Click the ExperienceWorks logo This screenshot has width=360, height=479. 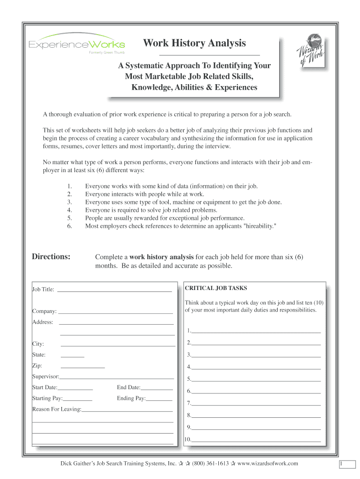click(x=77, y=45)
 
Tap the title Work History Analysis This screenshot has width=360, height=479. click(x=194, y=44)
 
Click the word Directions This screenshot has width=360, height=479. click(x=51, y=256)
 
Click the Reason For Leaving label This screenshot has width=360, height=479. click(x=57, y=409)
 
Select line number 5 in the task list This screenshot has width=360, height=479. click(x=256, y=379)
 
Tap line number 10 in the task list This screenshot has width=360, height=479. click(x=256, y=439)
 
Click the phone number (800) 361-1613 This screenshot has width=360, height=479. click(x=210, y=464)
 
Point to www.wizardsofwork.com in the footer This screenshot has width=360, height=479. click(x=267, y=464)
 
